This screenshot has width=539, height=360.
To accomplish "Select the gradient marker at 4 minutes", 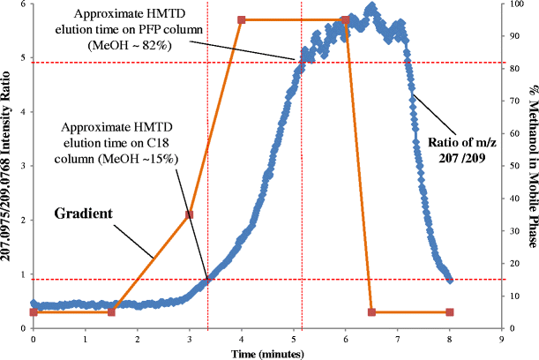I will point(242,19).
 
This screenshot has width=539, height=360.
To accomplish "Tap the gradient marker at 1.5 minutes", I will point(111,312).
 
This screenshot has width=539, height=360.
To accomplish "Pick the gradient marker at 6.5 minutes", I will point(371,312).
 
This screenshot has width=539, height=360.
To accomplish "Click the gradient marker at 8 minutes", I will point(450,312).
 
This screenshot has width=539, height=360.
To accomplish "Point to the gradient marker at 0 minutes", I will point(34,312).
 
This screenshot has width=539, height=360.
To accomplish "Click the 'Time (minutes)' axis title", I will point(267,352).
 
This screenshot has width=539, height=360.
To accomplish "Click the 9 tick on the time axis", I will point(502,338).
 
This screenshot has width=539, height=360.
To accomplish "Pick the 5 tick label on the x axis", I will point(294,338).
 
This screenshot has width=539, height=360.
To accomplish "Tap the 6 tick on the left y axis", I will point(24,4).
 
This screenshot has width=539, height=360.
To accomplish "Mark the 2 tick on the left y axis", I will point(24,220).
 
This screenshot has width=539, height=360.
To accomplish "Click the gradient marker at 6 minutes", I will point(346,19).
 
